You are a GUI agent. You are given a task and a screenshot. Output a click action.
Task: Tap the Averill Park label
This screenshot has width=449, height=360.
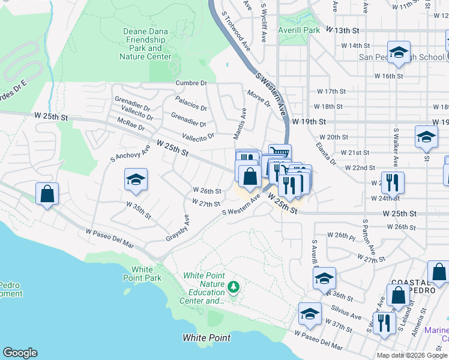pos(298,29)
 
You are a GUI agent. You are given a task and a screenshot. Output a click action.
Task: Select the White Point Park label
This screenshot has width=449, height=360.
pos(142,274)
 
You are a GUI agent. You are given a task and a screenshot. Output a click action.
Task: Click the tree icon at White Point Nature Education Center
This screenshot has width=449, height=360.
pos(233,288)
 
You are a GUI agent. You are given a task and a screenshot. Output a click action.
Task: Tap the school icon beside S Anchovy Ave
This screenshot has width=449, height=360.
pos(136,180)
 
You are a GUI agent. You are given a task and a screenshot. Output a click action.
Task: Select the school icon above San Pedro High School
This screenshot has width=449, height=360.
pos(399,52)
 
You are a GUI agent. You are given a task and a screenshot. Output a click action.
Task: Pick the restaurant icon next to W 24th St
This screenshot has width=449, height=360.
pos(393,182)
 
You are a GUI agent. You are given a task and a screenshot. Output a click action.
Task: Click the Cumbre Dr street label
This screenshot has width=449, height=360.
pos(191,83)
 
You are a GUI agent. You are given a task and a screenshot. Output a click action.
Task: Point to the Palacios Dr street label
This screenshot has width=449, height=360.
pos(191,103)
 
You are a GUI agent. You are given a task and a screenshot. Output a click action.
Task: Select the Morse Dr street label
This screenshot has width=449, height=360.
pos(259,98)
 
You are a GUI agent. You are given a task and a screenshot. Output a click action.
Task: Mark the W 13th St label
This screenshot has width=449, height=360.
pos(342,29)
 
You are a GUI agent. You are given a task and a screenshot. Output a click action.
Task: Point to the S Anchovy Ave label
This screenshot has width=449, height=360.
pos(122,153)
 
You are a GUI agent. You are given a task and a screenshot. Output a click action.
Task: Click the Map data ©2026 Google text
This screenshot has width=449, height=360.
pos(412,355)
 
